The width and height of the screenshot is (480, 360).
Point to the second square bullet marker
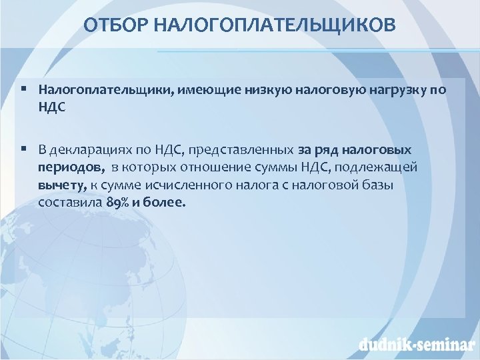[23, 147]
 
